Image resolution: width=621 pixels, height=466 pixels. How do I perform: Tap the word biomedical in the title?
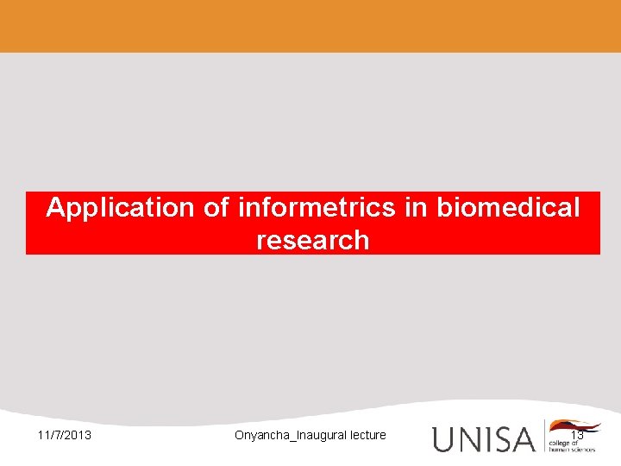click(509, 208)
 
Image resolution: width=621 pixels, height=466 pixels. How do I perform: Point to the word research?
click(312, 240)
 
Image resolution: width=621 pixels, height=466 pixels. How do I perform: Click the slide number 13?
click(577, 434)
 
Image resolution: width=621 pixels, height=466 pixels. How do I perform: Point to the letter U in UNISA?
click(443, 438)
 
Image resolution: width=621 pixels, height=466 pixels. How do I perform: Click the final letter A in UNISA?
click(523, 438)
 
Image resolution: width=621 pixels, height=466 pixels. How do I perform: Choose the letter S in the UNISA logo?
click(499, 438)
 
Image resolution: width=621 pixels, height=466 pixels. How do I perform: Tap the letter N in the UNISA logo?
click(467, 438)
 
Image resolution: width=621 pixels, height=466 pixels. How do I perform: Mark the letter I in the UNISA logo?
click(485, 438)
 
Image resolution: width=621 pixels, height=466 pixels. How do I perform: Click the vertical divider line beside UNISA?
click(543, 436)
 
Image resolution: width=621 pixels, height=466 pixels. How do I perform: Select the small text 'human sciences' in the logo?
click(571, 449)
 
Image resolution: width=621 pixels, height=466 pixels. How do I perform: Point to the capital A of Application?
click(56, 208)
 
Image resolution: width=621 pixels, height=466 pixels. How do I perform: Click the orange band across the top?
click(310, 26)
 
